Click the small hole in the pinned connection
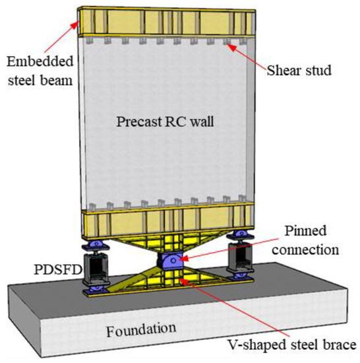coord(173,261)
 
